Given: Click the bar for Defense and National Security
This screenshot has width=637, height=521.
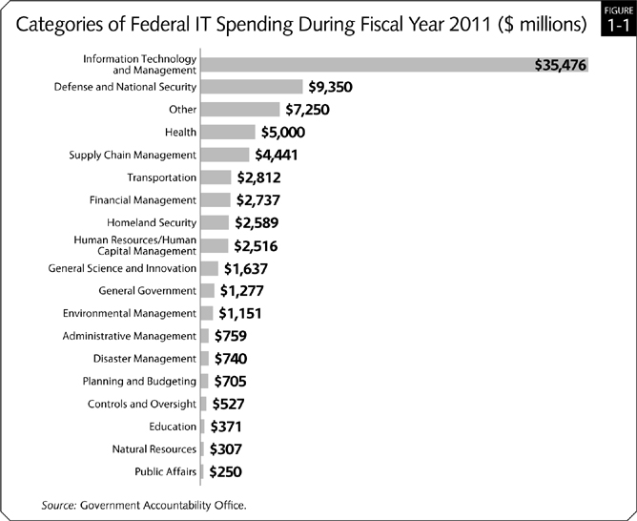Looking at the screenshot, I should point(252,87).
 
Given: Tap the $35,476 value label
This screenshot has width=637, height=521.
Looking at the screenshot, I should point(562,65).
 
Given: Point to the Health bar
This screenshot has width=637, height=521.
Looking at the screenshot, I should point(228,132).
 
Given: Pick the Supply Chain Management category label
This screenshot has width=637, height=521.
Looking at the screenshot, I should point(133,155).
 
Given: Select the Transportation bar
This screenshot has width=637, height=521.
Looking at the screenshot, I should point(216,177).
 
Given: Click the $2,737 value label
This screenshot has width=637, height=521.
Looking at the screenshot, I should point(263,200).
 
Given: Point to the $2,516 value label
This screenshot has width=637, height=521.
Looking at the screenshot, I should point(260,246).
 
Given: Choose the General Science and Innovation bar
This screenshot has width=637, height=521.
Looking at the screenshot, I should point(209,268).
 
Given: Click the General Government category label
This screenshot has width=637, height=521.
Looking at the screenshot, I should point(148,290).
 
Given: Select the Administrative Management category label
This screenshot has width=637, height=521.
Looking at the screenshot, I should point(129,336).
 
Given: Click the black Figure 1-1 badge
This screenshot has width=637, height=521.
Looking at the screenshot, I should point(617,19).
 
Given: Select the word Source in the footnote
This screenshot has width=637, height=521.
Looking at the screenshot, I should point(59,504).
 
